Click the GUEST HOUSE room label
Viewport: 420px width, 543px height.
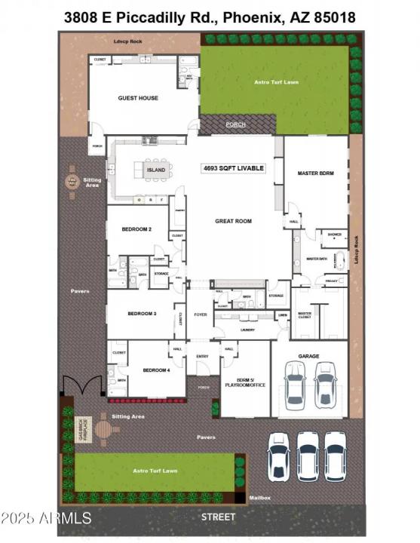pyautogui.click(x=138, y=98)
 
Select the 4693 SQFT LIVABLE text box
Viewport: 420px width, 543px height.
pyautogui.click(x=233, y=167)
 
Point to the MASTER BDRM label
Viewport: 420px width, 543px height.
pyautogui.click(x=316, y=173)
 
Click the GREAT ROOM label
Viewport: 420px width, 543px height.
pyautogui.click(x=233, y=221)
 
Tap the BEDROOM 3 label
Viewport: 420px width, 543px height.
pyautogui.click(x=142, y=313)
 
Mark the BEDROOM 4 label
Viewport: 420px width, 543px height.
pyautogui.click(x=157, y=370)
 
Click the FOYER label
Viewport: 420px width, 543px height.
pyautogui.click(x=201, y=314)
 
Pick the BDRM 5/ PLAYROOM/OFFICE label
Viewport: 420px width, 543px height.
pyautogui.click(x=245, y=383)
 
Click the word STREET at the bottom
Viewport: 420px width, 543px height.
pyautogui.click(x=219, y=517)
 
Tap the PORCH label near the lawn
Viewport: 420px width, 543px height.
pyautogui.click(x=236, y=124)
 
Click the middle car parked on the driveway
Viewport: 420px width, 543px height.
pyautogui.click(x=307, y=456)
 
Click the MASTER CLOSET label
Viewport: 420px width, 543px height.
pyautogui.click(x=305, y=315)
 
